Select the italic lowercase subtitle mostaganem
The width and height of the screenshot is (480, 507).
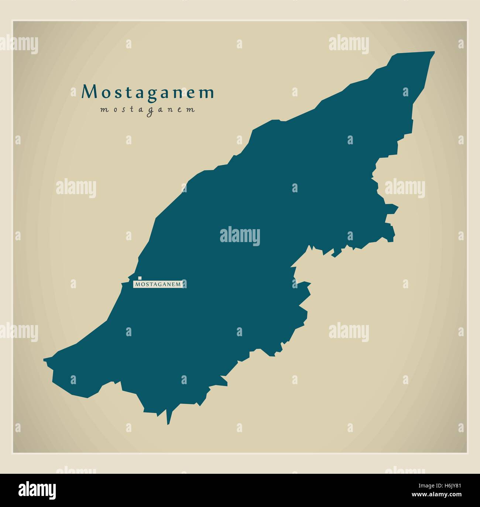click(147, 110)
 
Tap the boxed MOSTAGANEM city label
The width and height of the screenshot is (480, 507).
click(159, 284)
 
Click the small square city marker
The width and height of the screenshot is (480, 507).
click(140, 278)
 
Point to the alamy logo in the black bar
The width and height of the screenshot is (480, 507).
click(37, 490)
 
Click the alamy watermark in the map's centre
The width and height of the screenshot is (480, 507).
click(240, 236)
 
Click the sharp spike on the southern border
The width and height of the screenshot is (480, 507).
click(169, 423)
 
